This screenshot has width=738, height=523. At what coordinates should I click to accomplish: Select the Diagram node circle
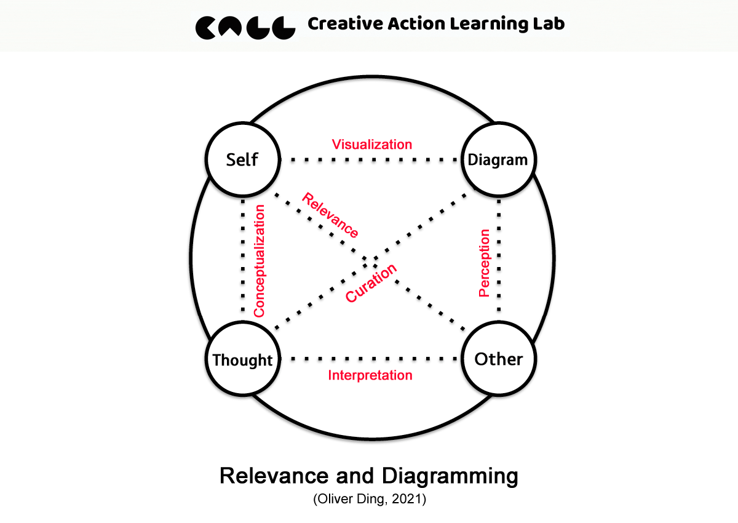498,160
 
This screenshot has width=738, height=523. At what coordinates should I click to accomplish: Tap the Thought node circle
242,360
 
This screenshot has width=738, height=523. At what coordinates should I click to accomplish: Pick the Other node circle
498,359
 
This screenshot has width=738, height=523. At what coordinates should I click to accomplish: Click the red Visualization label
371,145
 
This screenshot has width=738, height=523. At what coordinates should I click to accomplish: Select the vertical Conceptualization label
260,261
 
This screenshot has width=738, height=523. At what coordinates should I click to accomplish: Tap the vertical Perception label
485,263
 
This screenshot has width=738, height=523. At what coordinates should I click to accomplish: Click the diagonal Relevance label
330,215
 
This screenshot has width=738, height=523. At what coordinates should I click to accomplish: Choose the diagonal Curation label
371,284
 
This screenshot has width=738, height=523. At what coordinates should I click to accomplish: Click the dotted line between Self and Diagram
371,161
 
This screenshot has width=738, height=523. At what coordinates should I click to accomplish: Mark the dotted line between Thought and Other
371,359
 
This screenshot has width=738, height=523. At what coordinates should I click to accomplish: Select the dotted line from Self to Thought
242,258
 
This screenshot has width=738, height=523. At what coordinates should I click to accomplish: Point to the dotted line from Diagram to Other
498,258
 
